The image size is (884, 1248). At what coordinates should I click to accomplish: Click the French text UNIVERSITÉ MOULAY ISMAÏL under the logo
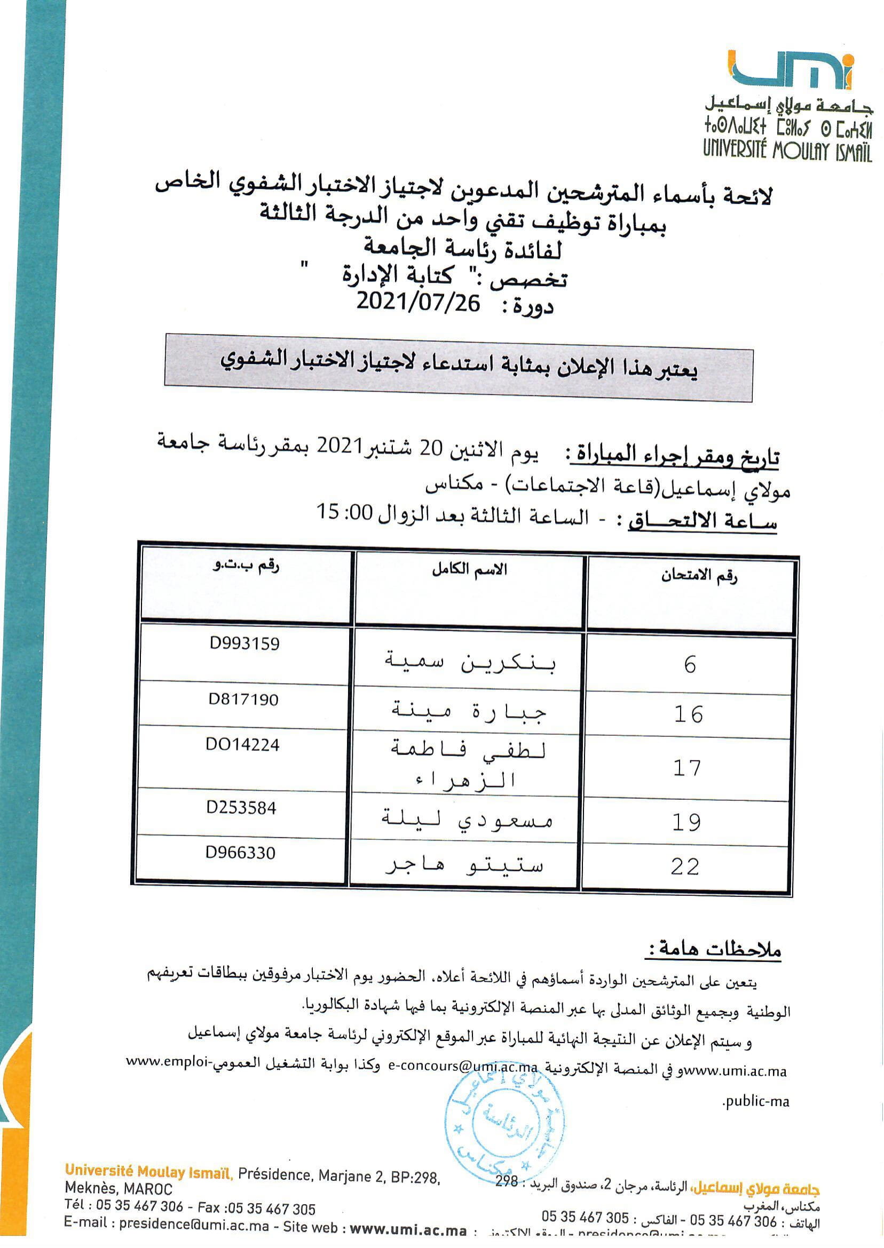click(787, 148)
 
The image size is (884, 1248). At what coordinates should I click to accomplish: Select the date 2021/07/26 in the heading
click(418, 301)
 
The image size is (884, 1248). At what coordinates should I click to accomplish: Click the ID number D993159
click(244, 643)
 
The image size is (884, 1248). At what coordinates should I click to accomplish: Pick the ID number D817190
click(243, 699)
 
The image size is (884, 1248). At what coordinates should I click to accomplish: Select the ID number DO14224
click(242, 745)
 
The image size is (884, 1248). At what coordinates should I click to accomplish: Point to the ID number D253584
click(241, 807)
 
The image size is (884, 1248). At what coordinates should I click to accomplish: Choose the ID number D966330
click(240, 853)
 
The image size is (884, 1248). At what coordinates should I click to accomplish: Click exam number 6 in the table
click(690, 664)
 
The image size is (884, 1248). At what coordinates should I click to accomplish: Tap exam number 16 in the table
click(689, 714)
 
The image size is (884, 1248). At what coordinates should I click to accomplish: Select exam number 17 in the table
click(687, 768)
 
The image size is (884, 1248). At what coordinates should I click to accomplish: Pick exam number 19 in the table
click(686, 822)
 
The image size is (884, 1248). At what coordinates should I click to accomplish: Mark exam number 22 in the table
click(685, 867)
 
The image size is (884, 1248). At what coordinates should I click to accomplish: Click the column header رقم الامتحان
click(699, 576)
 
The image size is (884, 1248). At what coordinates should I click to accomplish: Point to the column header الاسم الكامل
click(469, 570)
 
